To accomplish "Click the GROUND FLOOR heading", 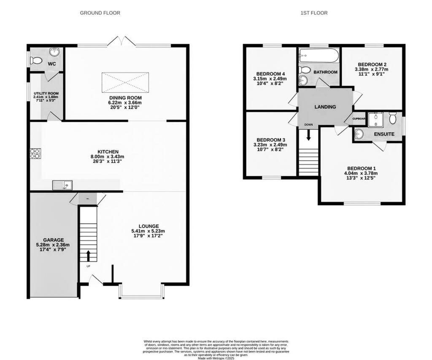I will click(100, 13).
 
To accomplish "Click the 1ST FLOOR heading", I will click(314, 13).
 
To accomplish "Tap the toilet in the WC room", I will click(37, 61).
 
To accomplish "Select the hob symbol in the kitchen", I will click(34, 153).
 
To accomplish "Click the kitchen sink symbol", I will click(62, 185).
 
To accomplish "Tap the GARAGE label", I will click(53, 240).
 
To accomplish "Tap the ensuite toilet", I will click(393, 118).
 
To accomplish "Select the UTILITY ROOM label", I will click(46, 94).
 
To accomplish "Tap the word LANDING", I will click(325, 107).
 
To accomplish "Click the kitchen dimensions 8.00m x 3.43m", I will click(108, 157).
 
